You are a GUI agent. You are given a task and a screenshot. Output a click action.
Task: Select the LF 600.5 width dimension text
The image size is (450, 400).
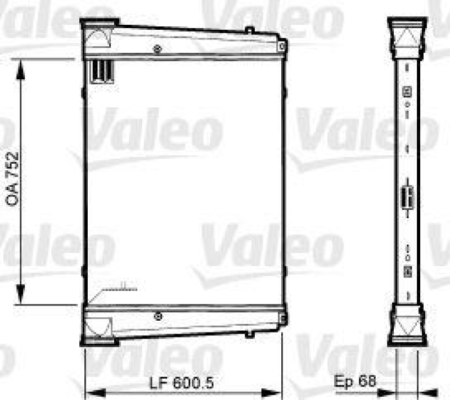182,383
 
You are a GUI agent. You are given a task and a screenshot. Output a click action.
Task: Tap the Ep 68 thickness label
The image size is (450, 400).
354,381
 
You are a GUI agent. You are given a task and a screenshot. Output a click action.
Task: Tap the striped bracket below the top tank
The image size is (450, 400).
102,71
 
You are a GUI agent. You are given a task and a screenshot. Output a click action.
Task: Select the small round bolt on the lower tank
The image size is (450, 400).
159,316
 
